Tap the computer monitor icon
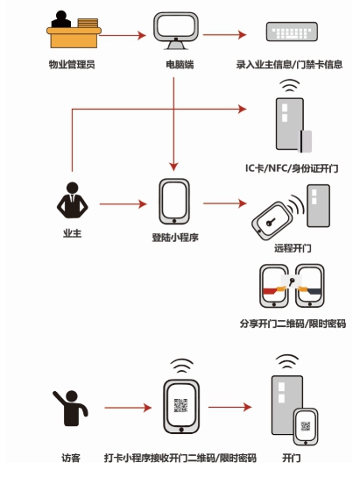click(x=176, y=31)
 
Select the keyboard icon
click(x=292, y=32)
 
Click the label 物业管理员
click(x=72, y=65)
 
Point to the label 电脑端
click(x=180, y=65)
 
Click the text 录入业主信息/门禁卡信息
click(x=289, y=65)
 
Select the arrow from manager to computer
click(x=123, y=35)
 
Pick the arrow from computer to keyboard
click(x=224, y=34)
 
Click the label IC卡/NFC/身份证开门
click(x=292, y=168)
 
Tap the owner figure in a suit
click(x=72, y=200)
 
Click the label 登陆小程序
click(x=175, y=238)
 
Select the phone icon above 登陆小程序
click(x=174, y=202)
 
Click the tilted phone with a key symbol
click(x=272, y=221)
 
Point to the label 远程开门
click(x=293, y=248)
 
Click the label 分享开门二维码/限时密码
click(x=293, y=324)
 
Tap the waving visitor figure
click(x=70, y=408)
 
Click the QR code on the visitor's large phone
click(x=180, y=405)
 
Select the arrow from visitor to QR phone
click(x=129, y=408)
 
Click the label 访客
click(x=71, y=458)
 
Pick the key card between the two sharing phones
click(x=292, y=281)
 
